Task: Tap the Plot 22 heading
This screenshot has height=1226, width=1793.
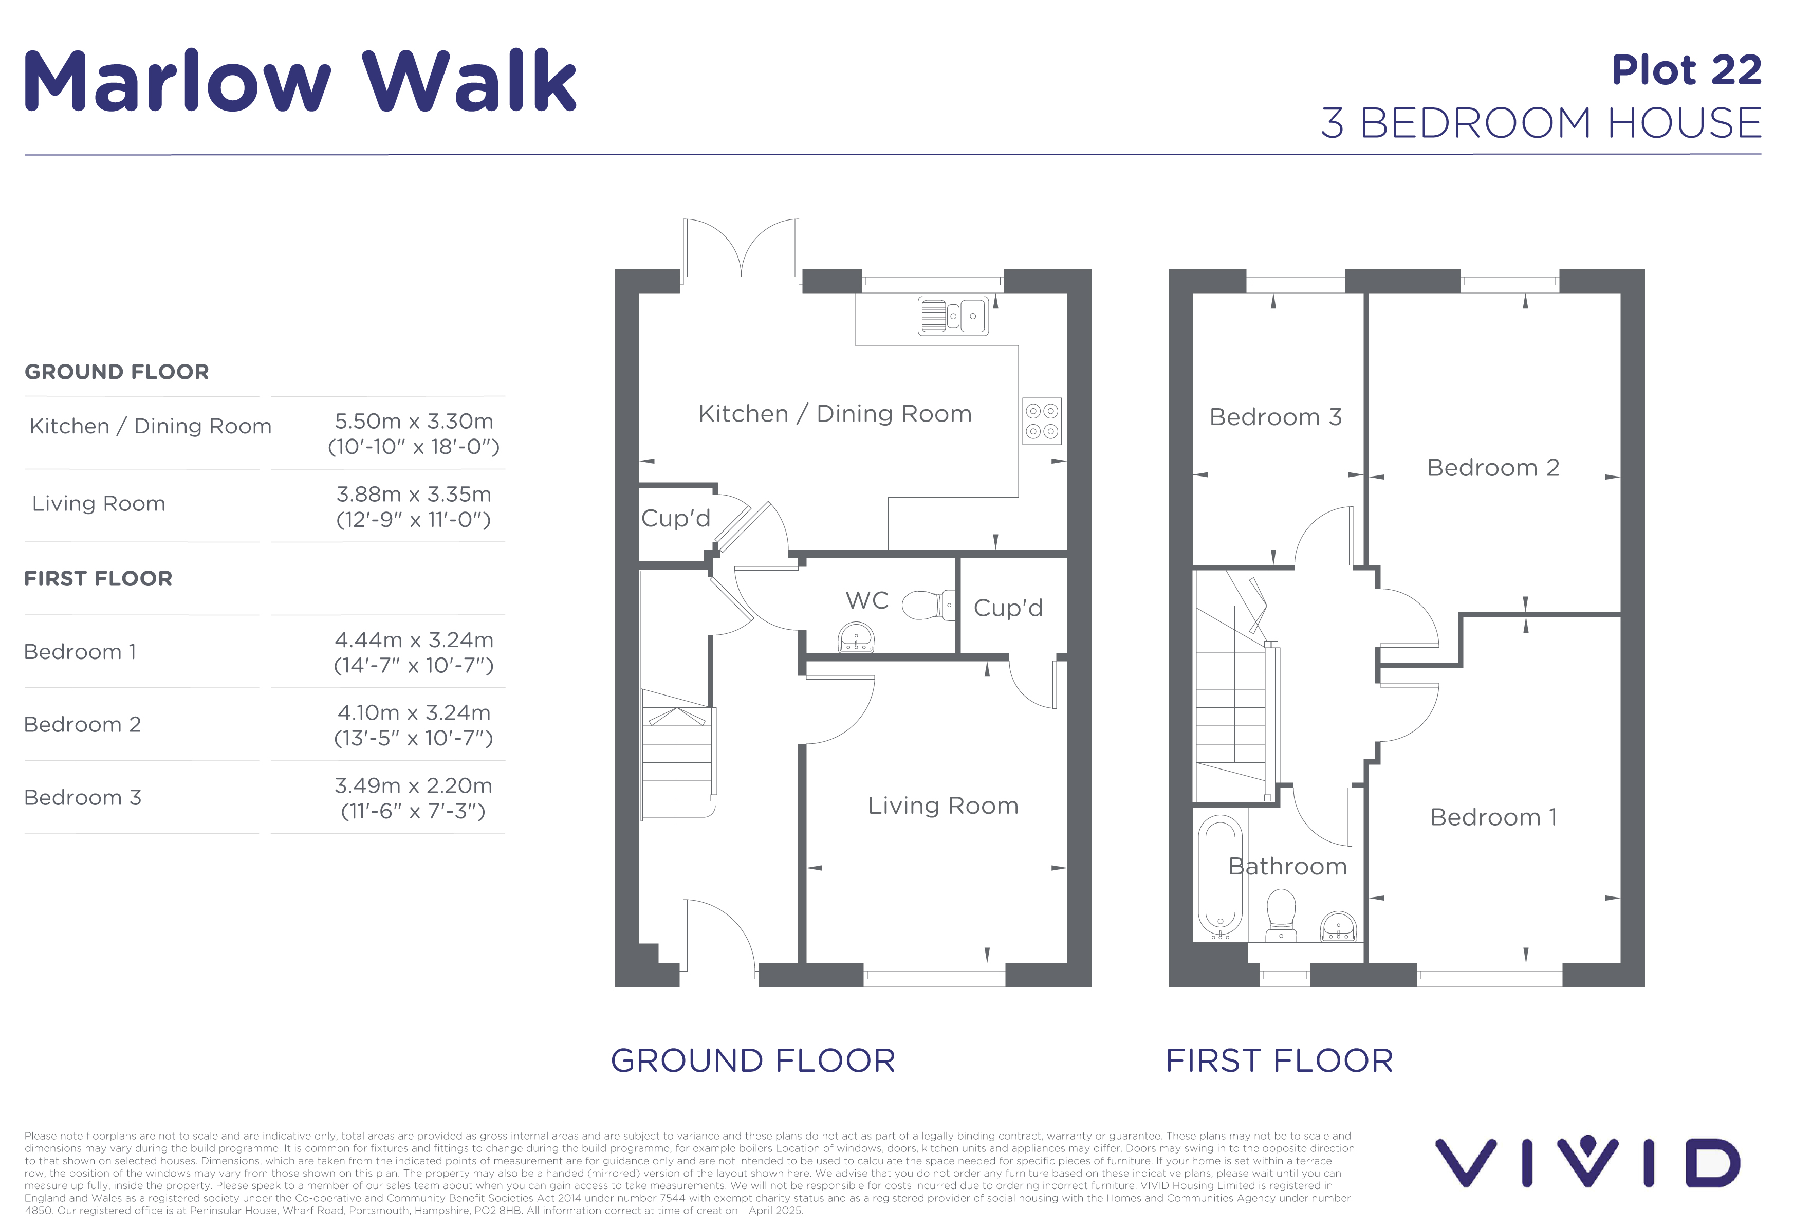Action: click(x=1687, y=70)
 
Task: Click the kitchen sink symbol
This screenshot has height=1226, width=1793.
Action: click(x=953, y=316)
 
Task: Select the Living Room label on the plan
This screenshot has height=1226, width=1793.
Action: click(x=943, y=806)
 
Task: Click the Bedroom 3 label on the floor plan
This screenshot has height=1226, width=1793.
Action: click(x=1276, y=417)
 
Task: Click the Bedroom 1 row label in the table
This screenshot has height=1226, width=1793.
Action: click(x=80, y=652)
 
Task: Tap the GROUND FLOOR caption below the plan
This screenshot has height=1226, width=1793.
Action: click(x=753, y=1061)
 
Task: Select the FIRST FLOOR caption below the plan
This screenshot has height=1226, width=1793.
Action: click(x=1279, y=1061)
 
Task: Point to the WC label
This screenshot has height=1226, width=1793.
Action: click(x=867, y=600)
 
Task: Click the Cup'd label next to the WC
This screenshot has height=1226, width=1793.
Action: click(x=1008, y=608)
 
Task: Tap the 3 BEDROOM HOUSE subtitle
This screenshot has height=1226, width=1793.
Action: click(x=1542, y=123)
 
